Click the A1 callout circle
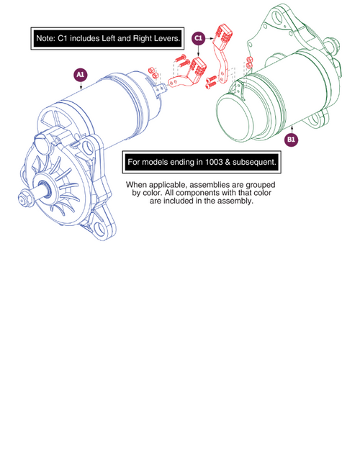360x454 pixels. point(80,74)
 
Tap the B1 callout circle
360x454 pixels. point(292,139)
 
